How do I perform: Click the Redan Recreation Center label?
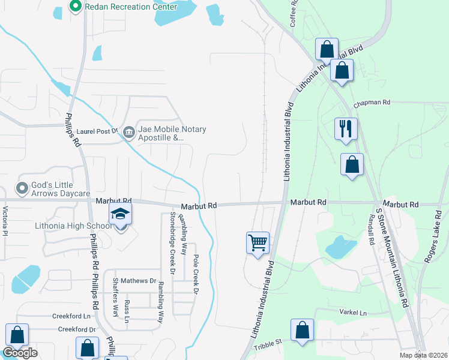tap(131, 7)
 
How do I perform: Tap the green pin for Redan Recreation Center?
tap(76, 7)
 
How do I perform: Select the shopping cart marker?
tap(258, 244)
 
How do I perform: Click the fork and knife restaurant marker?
tap(346, 128)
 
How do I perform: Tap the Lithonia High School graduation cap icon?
tap(120, 214)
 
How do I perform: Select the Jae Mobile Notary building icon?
tap(128, 132)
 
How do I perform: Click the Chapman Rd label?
tap(372, 103)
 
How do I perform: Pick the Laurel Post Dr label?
tap(99, 130)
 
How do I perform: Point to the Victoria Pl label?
tap(5, 221)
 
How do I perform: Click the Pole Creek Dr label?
tap(195, 274)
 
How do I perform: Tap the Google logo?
tap(20, 353)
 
